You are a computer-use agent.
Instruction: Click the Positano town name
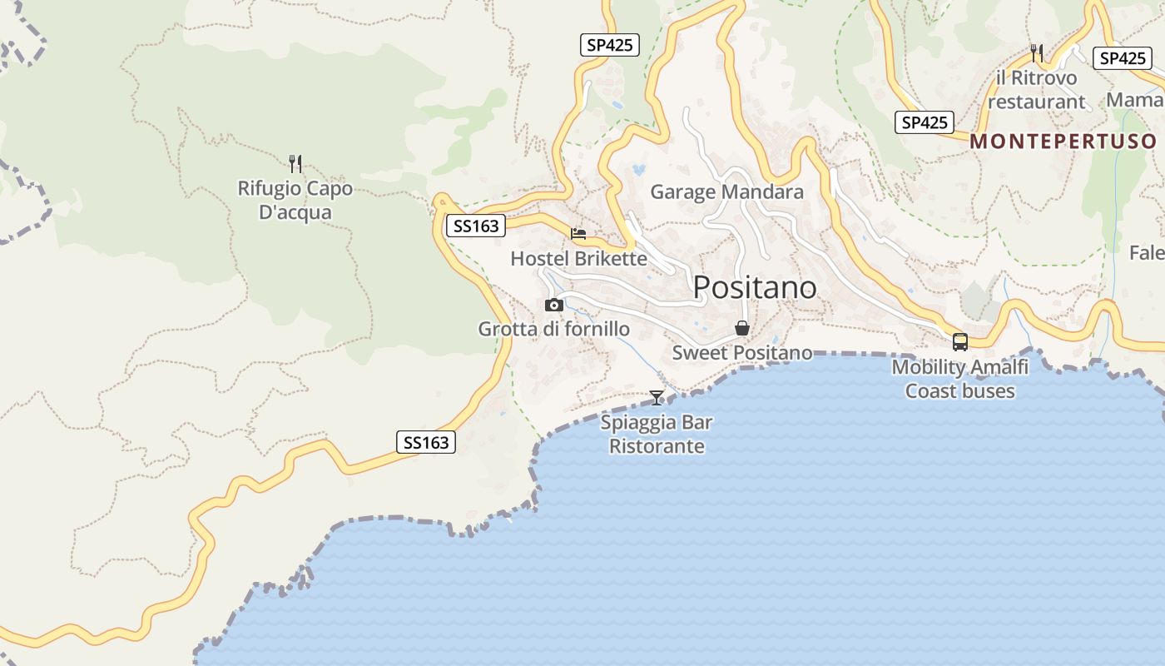click(755, 287)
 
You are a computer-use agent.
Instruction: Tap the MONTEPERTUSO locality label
click(1063, 141)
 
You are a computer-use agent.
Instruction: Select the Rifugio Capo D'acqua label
click(295, 200)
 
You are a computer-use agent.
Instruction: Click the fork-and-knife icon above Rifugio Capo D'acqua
click(295, 163)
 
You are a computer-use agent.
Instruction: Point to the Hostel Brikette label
click(578, 258)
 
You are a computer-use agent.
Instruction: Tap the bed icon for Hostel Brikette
click(578, 234)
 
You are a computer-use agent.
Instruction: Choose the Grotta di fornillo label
click(553, 329)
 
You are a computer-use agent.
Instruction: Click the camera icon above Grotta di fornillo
click(553, 306)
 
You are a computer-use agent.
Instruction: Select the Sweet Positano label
click(741, 352)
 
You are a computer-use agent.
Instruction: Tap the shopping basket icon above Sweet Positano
click(741, 329)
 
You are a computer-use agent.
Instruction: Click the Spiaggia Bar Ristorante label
click(657, 434)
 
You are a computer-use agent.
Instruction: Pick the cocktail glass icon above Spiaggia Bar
click(657, 398)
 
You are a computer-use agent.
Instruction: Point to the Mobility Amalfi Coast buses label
click(959, 379)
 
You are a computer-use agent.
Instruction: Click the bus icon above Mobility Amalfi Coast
click(959, 342)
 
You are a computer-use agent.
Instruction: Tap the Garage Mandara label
click(726, 192)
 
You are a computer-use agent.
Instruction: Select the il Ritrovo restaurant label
click(1036, 90)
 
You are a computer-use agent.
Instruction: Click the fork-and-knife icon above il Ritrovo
click(1036, 53)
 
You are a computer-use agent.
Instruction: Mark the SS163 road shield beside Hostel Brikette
click(476, 226)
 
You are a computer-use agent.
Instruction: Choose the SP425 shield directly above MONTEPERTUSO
click(925, 122)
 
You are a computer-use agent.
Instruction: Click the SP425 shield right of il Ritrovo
click(1123, 58)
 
